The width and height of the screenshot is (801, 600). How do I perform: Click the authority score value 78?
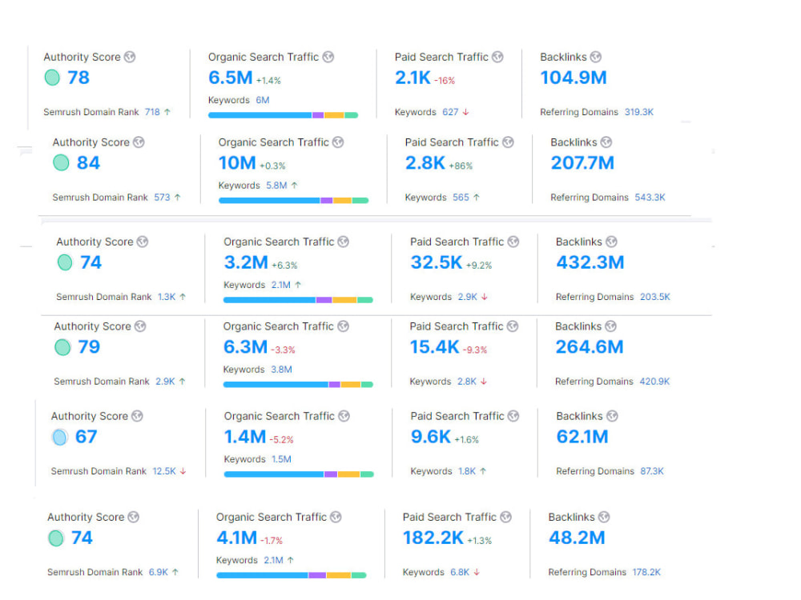78,78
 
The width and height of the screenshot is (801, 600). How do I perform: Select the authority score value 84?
88,162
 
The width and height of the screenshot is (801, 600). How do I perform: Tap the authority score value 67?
86,437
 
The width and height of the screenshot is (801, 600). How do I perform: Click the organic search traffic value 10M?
237,162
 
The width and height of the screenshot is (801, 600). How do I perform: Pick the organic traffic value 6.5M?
231,78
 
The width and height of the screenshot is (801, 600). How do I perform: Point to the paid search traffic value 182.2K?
433,538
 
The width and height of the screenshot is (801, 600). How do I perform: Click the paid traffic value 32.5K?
437,262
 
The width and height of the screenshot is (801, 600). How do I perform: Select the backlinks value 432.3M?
590,262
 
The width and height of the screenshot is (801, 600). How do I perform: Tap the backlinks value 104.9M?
574,78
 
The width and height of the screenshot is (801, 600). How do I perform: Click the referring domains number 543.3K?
650,198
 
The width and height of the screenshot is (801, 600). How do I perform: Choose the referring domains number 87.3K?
652,471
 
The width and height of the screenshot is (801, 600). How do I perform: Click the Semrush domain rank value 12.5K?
164,471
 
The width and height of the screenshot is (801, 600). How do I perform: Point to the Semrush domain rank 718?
152,112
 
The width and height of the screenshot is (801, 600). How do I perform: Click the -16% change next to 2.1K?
445,81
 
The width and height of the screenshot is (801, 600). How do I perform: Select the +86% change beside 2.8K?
461,166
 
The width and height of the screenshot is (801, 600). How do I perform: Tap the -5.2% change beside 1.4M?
281,440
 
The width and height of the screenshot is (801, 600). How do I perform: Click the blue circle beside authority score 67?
60,438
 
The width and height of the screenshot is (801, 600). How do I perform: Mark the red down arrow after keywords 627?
466,112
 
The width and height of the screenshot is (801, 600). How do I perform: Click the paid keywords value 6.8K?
459,572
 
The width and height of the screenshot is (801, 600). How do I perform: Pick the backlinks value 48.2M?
577,538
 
